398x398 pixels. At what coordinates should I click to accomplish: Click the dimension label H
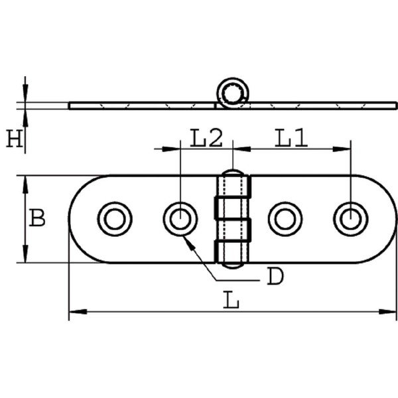(14, 139)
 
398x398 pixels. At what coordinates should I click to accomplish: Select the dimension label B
(37, 218)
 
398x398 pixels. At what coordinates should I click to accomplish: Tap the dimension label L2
(206, 139)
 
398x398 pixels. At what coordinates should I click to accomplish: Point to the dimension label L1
(291, 139)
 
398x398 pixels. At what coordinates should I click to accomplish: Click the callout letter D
(275, 276)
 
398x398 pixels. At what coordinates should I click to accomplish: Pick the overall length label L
(231, 300)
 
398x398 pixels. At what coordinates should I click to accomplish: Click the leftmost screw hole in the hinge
(115, 219)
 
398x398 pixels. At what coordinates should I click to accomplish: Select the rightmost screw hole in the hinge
(350, 219)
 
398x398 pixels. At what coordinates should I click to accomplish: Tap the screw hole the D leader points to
(180, 219)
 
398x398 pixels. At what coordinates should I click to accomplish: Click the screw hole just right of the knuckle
(285, 219)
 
